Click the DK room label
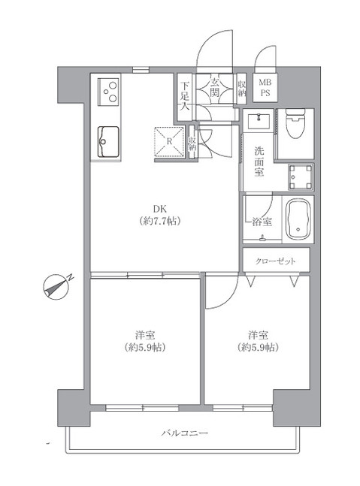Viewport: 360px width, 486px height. pos(159,207)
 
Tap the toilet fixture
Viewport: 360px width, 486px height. pos(295,123)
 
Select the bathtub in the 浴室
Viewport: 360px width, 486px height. pos(298,219)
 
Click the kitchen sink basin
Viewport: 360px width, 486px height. pos(108,142)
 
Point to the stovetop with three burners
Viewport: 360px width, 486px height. pos(108,92)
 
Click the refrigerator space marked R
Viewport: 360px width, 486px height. pos(169,142)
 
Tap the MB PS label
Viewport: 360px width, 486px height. pos(265,88)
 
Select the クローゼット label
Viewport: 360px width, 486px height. pos(275,261)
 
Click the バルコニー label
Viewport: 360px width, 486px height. pos(185,433)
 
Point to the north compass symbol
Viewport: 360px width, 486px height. pos(57,286)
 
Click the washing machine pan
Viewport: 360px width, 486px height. pos(301,177)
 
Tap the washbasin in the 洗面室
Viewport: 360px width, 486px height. pos(259,121)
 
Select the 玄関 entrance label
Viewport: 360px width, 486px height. pos(215,88)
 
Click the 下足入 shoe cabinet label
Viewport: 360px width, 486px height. pos(185,96)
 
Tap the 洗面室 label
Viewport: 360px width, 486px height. pos(259,161)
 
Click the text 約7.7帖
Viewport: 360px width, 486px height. pos(160,221)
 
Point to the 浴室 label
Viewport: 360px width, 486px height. pos(262,222)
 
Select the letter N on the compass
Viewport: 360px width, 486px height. pos(71,277)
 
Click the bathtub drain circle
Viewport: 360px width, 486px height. pos(298,230)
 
